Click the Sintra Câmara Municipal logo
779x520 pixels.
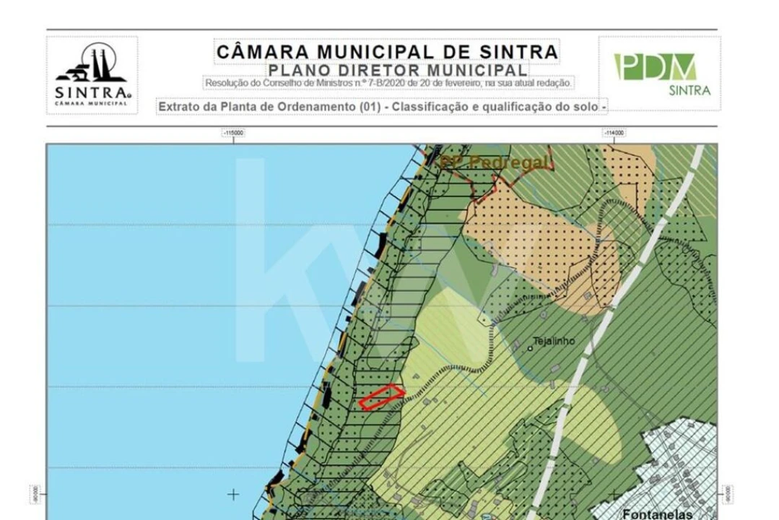pyautogui.click(x=92, y=74)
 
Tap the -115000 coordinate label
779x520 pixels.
pyautogui.click(x=233, y=133)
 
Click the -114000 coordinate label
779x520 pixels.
pyautogui.click(x=614, y=133)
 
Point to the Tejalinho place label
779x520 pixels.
pyautogui.click(x=554, y=342)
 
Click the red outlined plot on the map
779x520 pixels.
pyautogui.click(x=382, y=396)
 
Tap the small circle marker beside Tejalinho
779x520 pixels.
pyautogui.click(x=530, y=348)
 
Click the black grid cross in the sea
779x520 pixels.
pyautogui.click(x=232, y=495)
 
